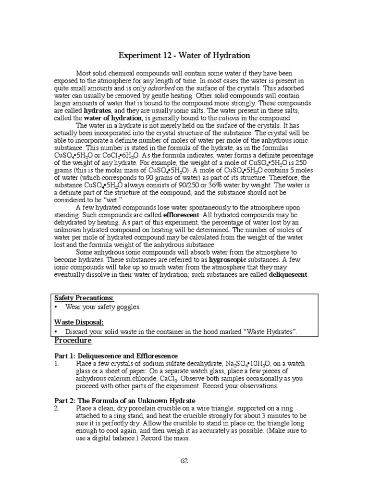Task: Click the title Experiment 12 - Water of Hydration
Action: (x=184, y=55)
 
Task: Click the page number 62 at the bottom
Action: (x=184, y=461)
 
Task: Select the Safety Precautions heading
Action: (x=84, y=298)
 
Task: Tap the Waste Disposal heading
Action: (x=79, y=322)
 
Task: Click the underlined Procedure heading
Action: (x=73, y=341)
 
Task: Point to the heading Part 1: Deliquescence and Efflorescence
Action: (x=115, y=356)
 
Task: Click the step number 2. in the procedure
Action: (x=57, y=408)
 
